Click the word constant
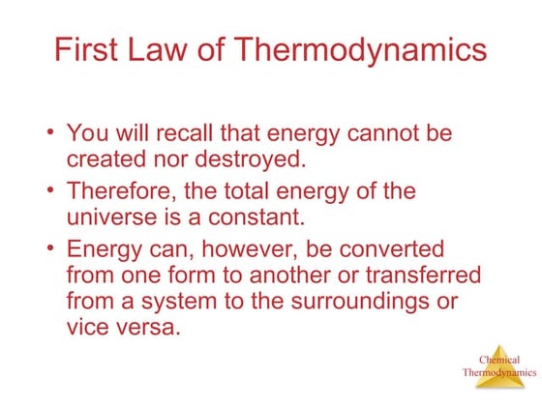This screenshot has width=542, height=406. click(221, 214)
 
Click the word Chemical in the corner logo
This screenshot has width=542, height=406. click(499, 360)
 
